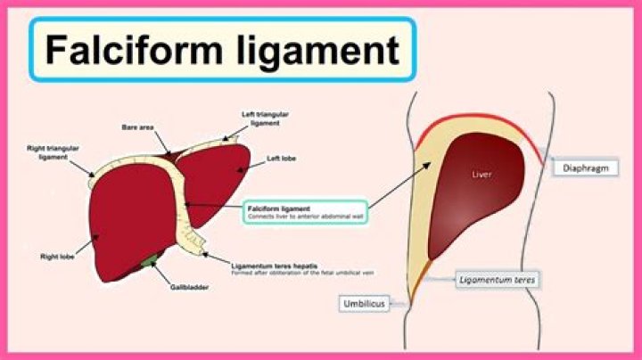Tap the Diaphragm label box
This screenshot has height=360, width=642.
pos(585,168)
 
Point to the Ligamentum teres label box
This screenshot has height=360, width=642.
pos(499,279)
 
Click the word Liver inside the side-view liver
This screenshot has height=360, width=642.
pos(481,175)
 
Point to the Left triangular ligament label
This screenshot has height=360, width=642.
pos(265,119)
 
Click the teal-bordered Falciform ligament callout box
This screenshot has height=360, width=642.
pos(304,212)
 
